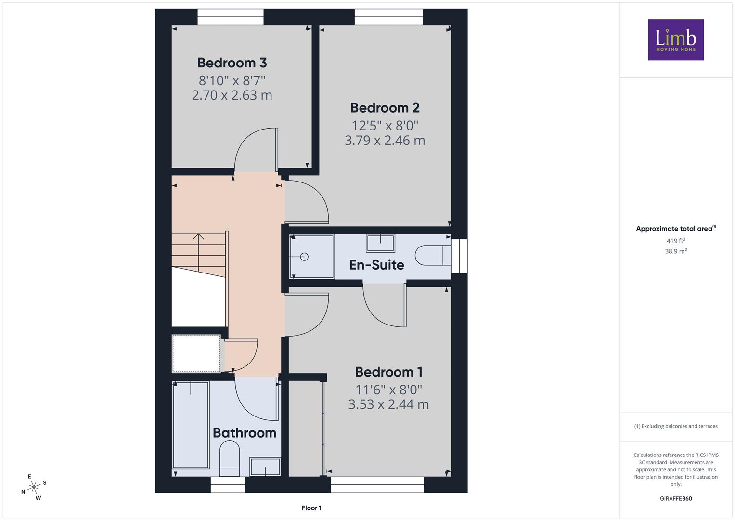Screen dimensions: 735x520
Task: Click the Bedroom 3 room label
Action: [232, 63]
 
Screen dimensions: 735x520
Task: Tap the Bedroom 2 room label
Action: [385, 108]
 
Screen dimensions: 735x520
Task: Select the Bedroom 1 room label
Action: [389, 372]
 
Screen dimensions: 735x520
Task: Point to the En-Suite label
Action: [377, 265]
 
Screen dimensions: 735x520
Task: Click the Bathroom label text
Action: [245, 433]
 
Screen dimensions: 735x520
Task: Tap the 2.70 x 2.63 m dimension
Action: [232, 95]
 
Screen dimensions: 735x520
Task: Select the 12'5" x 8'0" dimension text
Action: [385, 125]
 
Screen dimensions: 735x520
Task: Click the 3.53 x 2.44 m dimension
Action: [388, 404]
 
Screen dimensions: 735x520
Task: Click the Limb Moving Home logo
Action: [676, 39]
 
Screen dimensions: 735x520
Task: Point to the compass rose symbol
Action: [34, 487]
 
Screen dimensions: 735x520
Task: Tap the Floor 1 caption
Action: [311, 508]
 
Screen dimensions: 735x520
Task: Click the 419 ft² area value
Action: [676, 241]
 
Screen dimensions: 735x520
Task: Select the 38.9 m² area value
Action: [676, 251]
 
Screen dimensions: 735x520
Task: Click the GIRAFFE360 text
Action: [676, 498]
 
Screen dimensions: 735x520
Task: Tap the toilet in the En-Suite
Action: [433, 255]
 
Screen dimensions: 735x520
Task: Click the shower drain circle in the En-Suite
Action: [304, 257]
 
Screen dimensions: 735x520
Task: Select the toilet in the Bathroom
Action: [230, 458]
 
